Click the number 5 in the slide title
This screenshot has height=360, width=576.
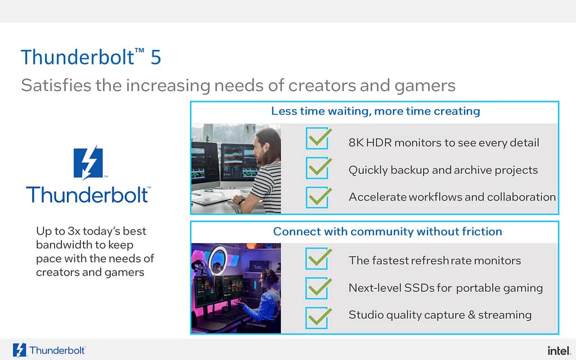(156, 57)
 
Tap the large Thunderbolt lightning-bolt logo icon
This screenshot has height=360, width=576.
(88, 163)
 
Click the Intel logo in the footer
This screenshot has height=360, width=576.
(559, 350)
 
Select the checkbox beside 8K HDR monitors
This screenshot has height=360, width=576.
(317, 138)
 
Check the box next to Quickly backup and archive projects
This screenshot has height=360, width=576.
(317, 168)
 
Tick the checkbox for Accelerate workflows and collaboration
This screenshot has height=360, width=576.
(317, 197)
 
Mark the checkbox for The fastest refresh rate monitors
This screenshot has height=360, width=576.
(317, 258)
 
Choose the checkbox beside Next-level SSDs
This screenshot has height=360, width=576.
(317, 288)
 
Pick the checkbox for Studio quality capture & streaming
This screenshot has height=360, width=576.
(317, 318)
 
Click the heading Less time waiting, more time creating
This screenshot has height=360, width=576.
(375, 111)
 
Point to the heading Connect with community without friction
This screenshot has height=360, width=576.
(388, 231)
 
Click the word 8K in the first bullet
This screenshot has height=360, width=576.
(355, 142)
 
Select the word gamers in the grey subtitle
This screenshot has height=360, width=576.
(425, 85)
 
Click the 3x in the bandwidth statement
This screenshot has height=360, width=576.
(74, 231)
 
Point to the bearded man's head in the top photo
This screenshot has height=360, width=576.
(267, 145)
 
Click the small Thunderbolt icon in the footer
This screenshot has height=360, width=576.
(20, 350)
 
